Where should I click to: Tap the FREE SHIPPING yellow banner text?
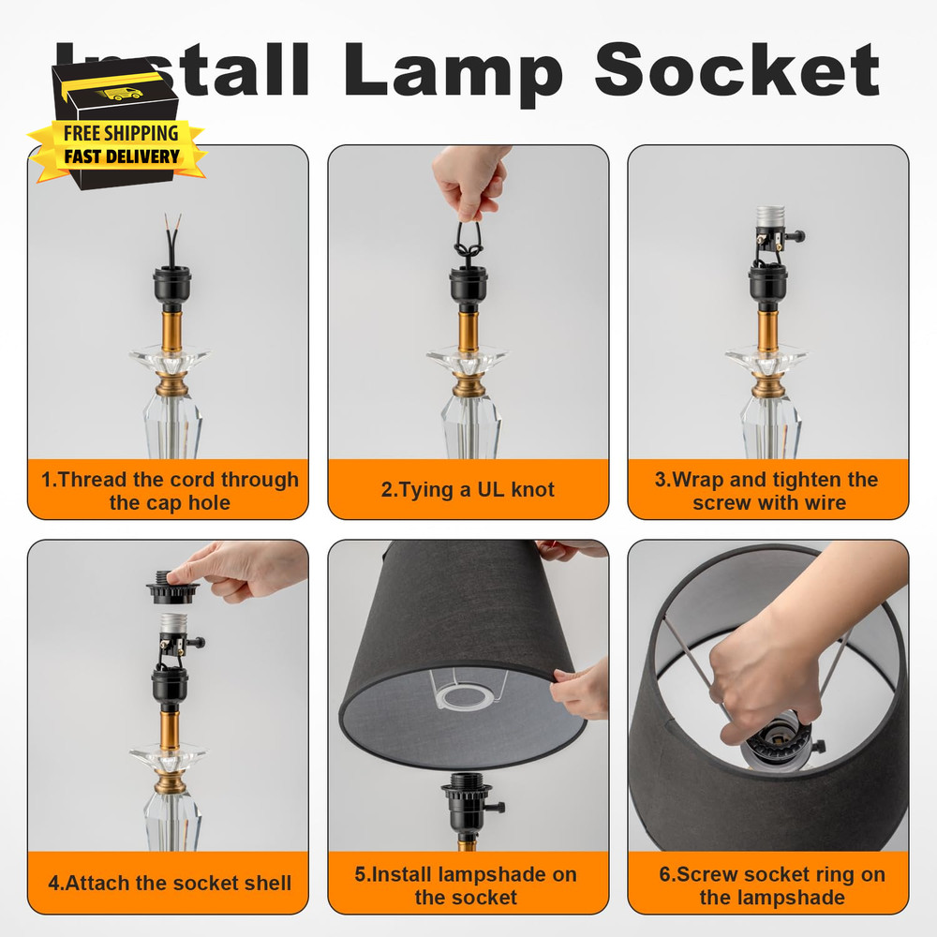click(120, 133)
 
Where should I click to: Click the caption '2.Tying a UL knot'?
click(468, 490)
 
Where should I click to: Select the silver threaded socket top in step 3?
click(768, 218)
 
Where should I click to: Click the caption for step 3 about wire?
click(766, 491)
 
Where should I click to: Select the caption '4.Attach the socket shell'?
click(170, 884)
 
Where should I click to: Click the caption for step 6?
click(771, 885)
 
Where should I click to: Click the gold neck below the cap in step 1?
click(171, 328)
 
